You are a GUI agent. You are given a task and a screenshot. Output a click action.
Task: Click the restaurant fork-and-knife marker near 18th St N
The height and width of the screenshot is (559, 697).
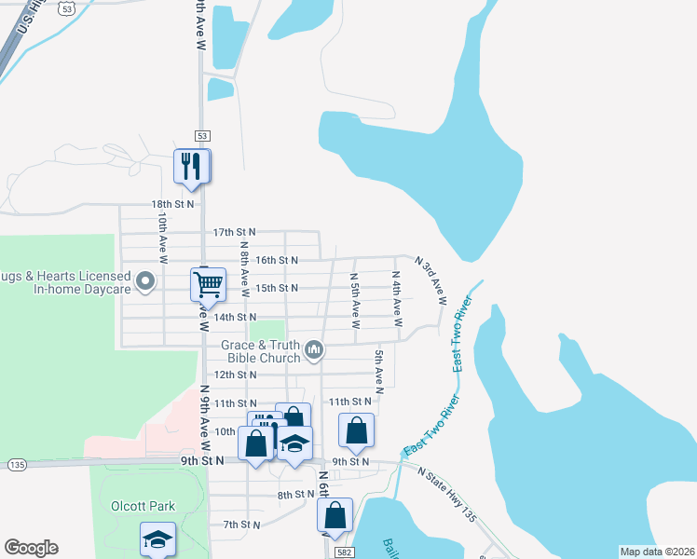click(x=191, y=167)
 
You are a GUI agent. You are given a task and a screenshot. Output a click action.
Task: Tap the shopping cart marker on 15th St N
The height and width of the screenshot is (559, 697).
click(x=208, y=283)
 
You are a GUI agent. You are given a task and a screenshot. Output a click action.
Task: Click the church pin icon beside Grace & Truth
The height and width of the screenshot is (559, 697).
click(x=314, y=350)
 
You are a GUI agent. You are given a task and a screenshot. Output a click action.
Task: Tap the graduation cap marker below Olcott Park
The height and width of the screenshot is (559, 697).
click(x=157, y=539)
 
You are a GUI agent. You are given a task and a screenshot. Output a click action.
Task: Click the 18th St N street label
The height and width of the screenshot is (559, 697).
click(x=172, y=203)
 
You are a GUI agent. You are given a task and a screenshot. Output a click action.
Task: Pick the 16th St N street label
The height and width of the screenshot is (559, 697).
click(x=276, y=260)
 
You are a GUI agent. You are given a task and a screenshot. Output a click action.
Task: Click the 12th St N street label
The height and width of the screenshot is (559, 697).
click(x=234, y=375)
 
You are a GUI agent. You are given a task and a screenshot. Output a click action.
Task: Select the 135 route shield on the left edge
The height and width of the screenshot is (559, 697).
click(x=16, y=464)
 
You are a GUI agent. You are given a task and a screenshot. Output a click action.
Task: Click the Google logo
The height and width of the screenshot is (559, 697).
click(x=31, y=548)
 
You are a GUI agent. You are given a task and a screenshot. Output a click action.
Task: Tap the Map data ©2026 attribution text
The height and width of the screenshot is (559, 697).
click(x=656, y=551)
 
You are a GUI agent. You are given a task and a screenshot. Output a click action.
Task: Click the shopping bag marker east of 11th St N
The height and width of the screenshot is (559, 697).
click(x=356, y=430)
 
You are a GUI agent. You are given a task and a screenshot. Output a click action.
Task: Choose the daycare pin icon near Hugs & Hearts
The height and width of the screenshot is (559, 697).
click(x=145, y=280)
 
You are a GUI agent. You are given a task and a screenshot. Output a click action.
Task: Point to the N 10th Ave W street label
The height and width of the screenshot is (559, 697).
click(x=162, y=239)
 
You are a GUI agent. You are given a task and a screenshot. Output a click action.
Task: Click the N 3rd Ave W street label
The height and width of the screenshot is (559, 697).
click(x=430, y=281)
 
